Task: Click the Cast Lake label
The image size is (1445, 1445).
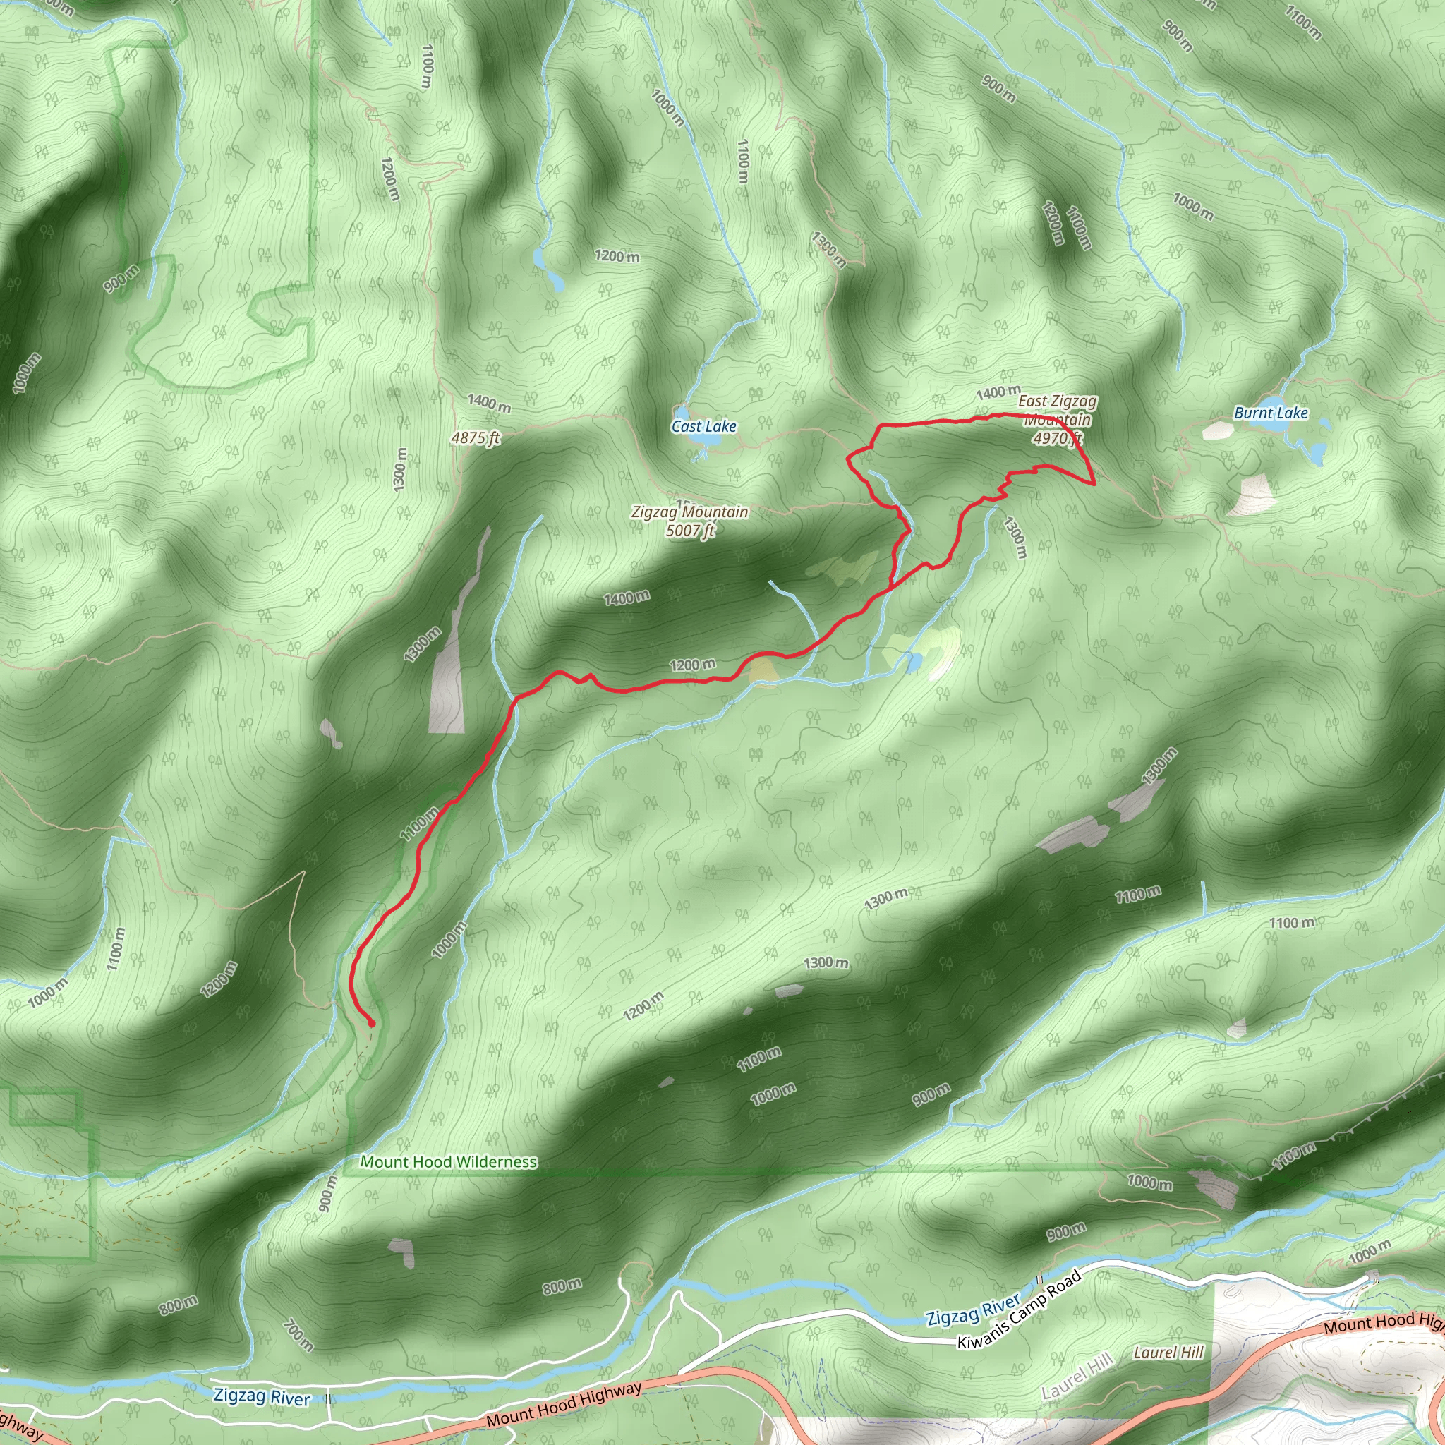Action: pyautogui.click(x=703, y=426)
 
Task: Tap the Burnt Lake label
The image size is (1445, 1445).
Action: pyautogui.click(x=1270, y=413)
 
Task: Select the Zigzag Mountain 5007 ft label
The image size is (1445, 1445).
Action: pyautogui.click(x=689, y=521)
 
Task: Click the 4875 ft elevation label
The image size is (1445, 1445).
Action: pyautogui.click(x=475, y=437)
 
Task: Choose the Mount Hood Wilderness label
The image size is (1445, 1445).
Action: pyautogui.click(x=448, y=1161)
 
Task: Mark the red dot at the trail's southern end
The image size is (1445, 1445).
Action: pyautogui.click(x=371, y=1023)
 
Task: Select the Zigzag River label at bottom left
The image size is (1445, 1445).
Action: pyautogui.click(x=261, y=1396)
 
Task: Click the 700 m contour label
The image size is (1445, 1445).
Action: pyautogui.click(x=298, y=1335)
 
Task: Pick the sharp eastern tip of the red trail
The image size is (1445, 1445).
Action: pyautogui.click(x=1095, y=484)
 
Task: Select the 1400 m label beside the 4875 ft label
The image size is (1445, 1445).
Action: pyautogui.click(x=489, y=402)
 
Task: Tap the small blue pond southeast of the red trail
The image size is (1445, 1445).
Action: pyautogui.click(x=914, y=662)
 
